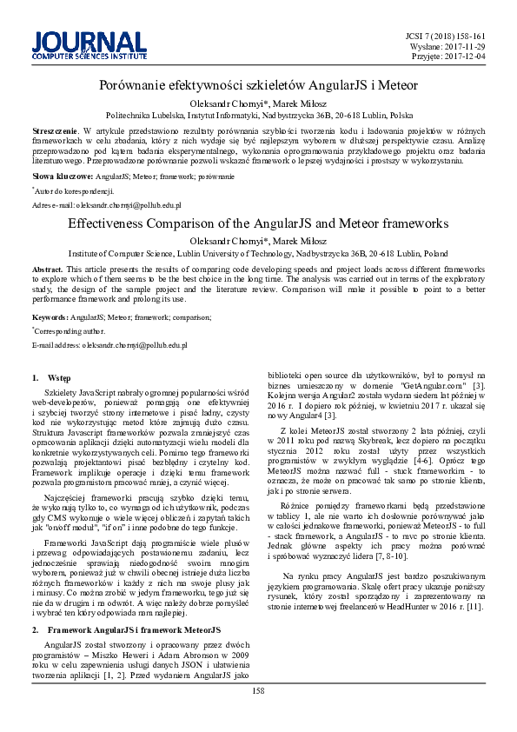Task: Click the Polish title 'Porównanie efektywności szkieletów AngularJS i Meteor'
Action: click(259, 85)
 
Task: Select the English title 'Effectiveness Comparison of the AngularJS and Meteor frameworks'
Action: click(258, 223)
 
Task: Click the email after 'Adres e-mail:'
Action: click(123, 205)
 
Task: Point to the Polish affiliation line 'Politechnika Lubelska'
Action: click(259, 114)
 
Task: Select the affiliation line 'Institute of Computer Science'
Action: click(258, 253)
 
